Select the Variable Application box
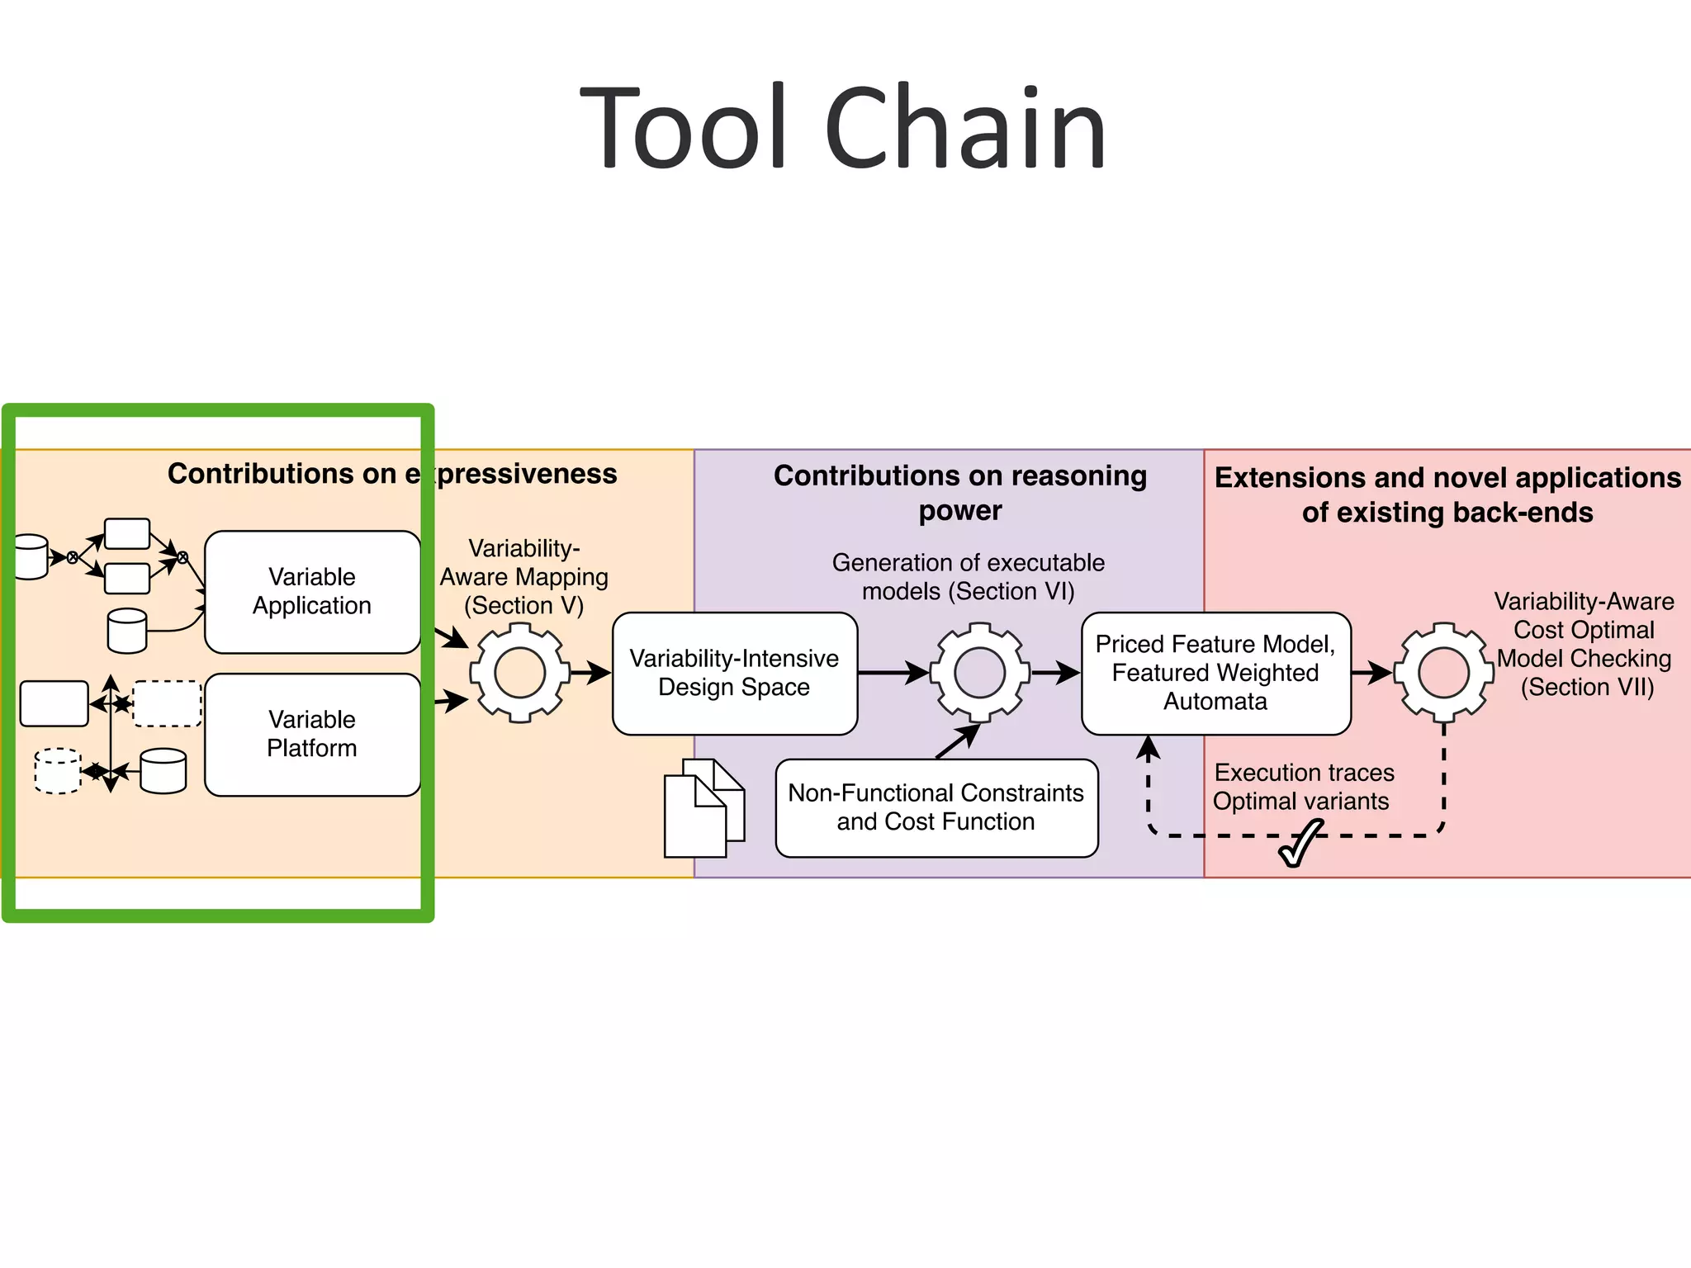[x=312, y=591]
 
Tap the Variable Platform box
[x=312, y=734]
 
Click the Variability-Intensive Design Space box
[x=734, y=673]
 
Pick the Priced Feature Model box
[x=1215, y=673]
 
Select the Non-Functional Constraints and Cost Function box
[x=936, y=807]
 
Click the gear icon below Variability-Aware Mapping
[x=519, y=673]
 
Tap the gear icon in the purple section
[x=979, y=673]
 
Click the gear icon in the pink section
[x=1443, y=673]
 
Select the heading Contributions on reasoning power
[x=960, y=492]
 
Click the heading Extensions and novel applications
[x=1447, y=494]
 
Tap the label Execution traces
[x=1304, y=773]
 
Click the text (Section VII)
[x=1587, y=687]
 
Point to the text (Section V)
[x=523, y=605]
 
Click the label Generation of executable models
[x=968, y=576]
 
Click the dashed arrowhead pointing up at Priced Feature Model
[x=1148, y=747]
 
